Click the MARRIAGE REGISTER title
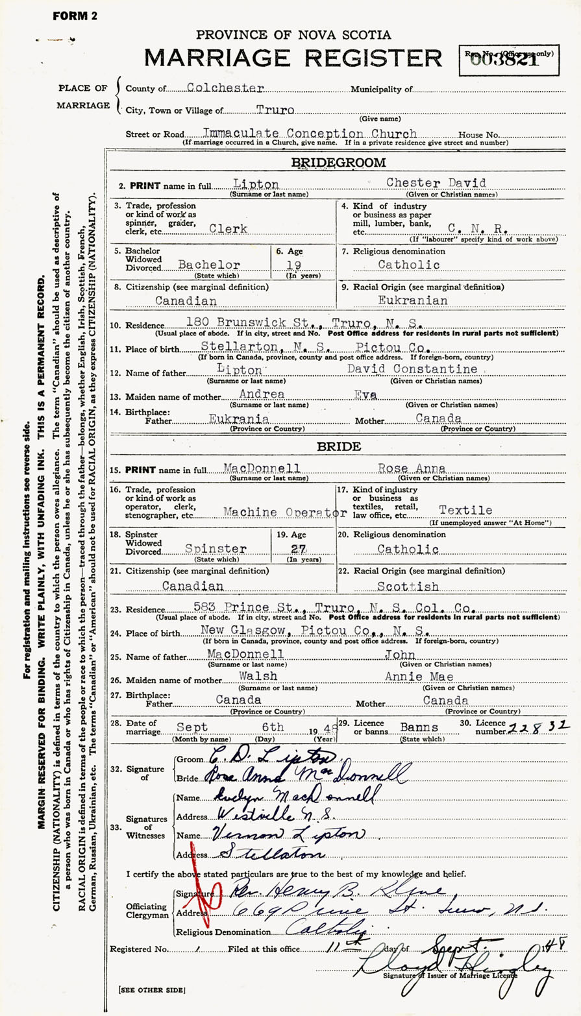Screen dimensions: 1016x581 coord(293,58)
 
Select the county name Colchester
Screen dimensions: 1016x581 coord(216,88)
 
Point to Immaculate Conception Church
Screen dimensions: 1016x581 coord(301,133)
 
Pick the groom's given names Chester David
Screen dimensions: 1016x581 coord(436,183)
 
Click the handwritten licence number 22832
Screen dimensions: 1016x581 coord(545,724)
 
